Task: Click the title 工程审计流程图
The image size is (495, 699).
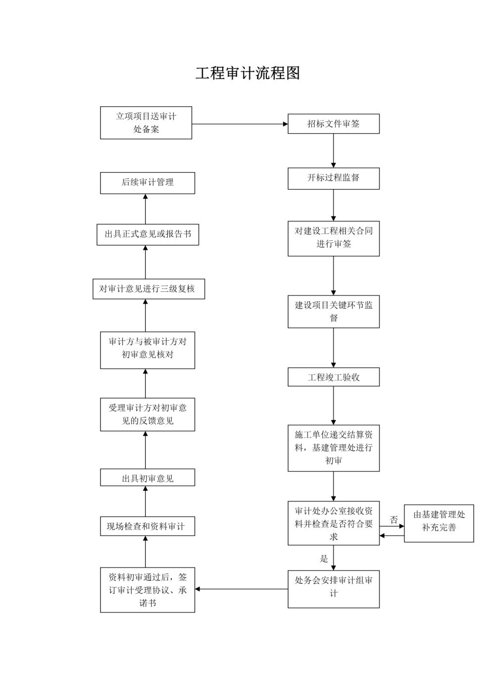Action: click(247, 73)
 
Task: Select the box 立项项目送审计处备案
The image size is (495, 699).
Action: click(146, 123)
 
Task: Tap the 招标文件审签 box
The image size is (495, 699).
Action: click(334, 124)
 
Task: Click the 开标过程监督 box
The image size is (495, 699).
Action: click(334, 178)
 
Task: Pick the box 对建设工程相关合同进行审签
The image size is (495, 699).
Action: click(334, 238)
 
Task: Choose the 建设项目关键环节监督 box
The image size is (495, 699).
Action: click(334, 312)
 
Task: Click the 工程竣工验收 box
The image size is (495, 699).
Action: click(334, 377)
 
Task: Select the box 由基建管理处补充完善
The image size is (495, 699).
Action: click(439, 523)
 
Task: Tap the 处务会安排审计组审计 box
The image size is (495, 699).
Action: click(334, 589)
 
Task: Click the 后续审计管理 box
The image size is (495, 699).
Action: click(148, 183)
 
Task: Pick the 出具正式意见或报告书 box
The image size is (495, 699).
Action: click(148, 234)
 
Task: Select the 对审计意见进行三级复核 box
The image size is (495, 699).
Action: click(148, 289)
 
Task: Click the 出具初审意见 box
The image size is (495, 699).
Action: click(148, 478)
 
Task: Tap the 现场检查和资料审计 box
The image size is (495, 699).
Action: click(148, 526)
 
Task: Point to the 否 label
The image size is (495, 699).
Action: click(394, 520)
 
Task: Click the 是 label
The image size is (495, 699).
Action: click(324, 559)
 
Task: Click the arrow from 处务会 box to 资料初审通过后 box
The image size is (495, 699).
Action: click(242, 589)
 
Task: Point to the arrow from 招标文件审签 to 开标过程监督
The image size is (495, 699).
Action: click(334, 150)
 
